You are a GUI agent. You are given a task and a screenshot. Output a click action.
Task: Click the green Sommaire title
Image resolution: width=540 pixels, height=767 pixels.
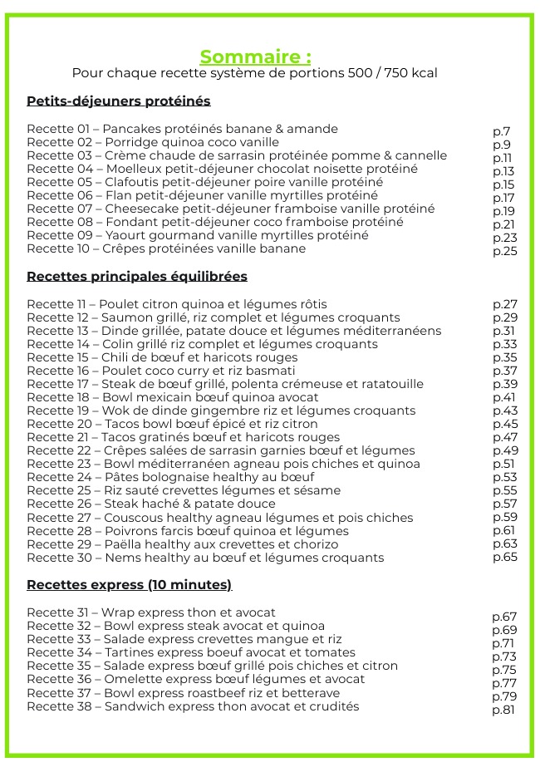click(x=255, y=57)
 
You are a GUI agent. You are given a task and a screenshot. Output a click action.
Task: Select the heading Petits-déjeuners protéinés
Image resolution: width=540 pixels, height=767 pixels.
click(x=118, y=101)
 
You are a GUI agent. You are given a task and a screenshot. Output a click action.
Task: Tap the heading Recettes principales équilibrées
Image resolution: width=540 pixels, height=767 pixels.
click(x=136, y=276)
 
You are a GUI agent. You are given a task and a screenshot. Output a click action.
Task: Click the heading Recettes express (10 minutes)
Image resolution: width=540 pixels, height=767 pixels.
click(x=129, y=584)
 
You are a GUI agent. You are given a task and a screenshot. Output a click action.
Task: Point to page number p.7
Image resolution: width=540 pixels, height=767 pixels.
click(x=501, y=131)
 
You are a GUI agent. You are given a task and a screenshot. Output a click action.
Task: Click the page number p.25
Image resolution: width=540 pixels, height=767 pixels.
click(x=504, y=251)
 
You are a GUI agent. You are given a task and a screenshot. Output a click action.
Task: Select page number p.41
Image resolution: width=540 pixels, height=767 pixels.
click(x=504, y=397)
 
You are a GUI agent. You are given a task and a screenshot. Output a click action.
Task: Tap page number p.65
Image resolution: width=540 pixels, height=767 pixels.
click(x=504, y=557)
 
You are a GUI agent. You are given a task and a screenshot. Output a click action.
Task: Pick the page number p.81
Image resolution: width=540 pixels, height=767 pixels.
click(x=503, y=710)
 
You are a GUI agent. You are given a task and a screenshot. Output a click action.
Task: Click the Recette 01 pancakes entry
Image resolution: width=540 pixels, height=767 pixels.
click(x=182, y=129)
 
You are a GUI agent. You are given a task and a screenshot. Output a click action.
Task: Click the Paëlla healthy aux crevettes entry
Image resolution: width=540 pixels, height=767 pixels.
click(x=182, y=544)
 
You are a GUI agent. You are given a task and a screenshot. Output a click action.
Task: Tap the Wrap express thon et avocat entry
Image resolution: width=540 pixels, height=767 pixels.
click(x=150, y=612)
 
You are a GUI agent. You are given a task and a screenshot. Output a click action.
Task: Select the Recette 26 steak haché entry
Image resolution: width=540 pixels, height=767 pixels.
click(x=150, y=504)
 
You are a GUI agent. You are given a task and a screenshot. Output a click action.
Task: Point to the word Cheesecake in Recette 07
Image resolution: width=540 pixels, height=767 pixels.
click(x=139, y=209)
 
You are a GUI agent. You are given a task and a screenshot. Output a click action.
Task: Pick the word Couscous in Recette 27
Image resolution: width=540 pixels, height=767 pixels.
click(x=131, y=517)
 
